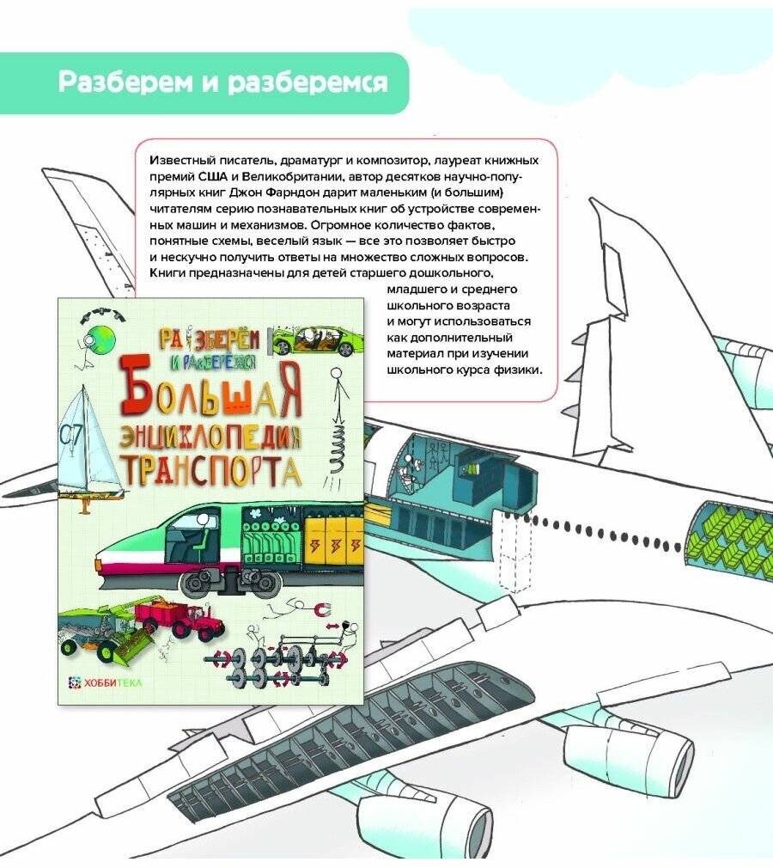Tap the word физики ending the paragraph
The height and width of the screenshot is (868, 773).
coord(518,370)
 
